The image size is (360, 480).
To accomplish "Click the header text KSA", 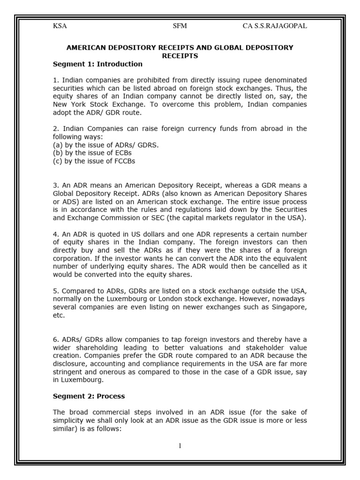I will [x=60, y=26].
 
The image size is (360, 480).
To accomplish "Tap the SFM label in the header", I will [x=180, y=26].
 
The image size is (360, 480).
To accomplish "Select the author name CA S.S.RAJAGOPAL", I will [x=275, y=26].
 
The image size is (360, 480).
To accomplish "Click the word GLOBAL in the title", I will [x=215, y=48].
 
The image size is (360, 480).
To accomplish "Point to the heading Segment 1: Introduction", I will [x=97, y=64].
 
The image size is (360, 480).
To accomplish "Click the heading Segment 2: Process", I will [x=89, y=396].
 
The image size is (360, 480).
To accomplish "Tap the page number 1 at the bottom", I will [x=180, y=445].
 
